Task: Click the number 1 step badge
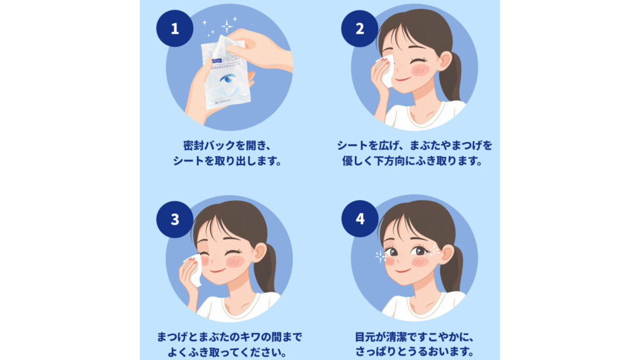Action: [174, 29]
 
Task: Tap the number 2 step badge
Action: [359, 29]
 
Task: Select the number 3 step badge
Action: [174, 219]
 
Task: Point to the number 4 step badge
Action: [359, 219]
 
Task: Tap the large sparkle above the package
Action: [227, 26]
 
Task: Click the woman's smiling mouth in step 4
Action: [404, 270]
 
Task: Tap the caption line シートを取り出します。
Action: [226, 161]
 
